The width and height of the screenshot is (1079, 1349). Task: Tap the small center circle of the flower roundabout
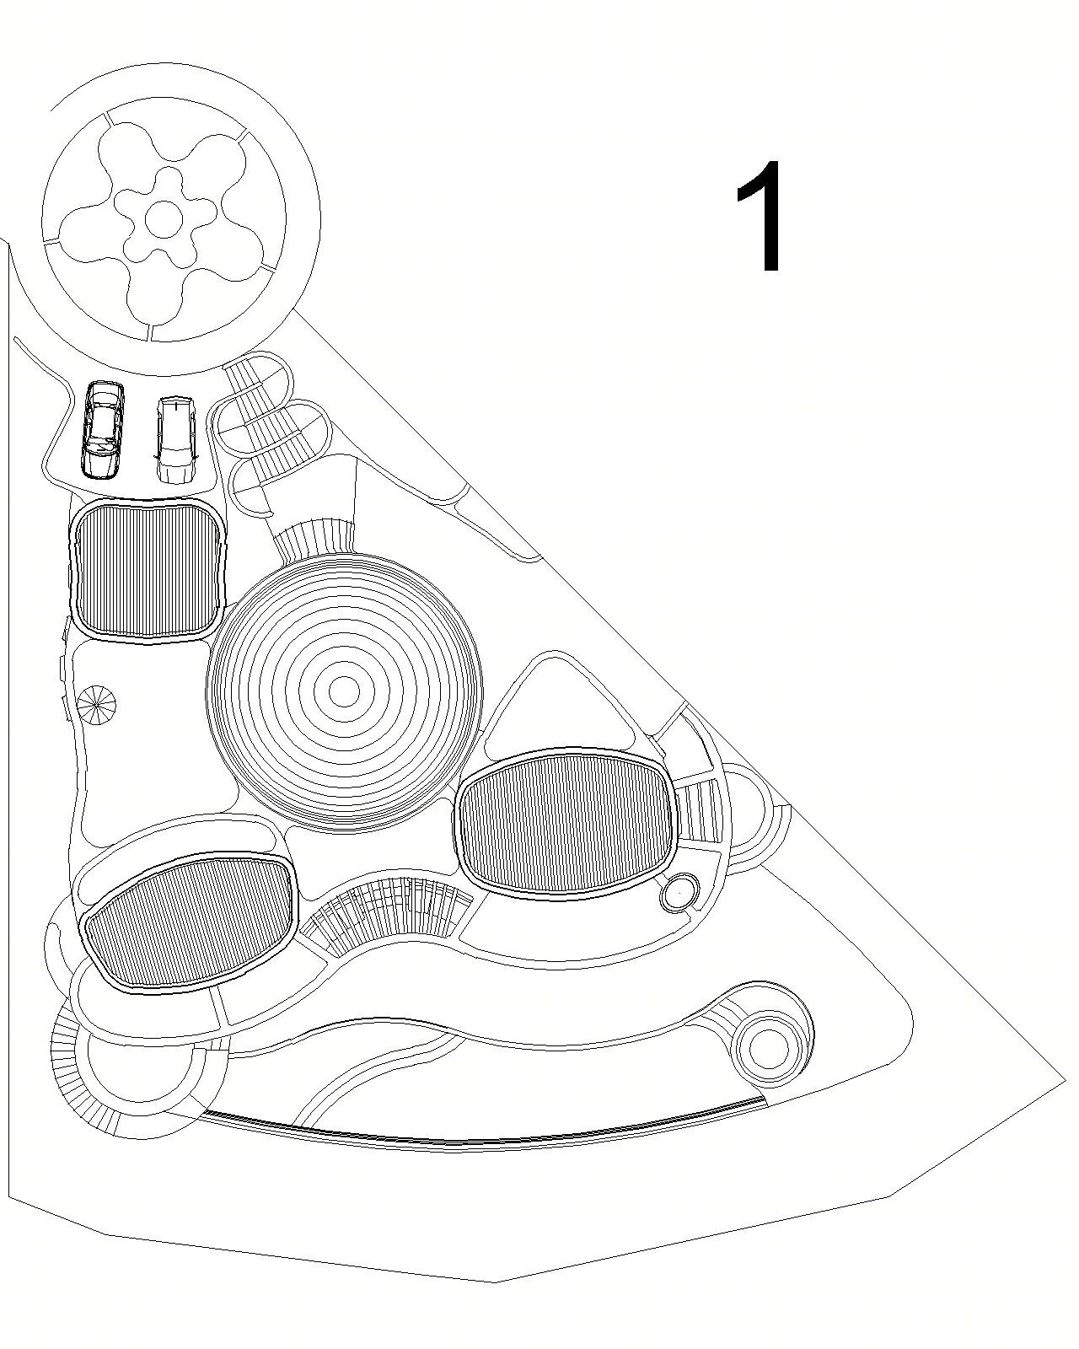[164, 218]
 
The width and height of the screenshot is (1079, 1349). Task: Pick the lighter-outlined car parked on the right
[175, 438]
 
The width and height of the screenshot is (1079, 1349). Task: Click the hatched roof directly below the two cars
[148, 571]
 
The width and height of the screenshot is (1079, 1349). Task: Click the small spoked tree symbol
[97, 704]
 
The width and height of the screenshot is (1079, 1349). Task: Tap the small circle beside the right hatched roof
[679, 889]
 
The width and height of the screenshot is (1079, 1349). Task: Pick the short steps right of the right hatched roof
[699, 813]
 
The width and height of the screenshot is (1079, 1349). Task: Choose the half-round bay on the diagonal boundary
[755, 815]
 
